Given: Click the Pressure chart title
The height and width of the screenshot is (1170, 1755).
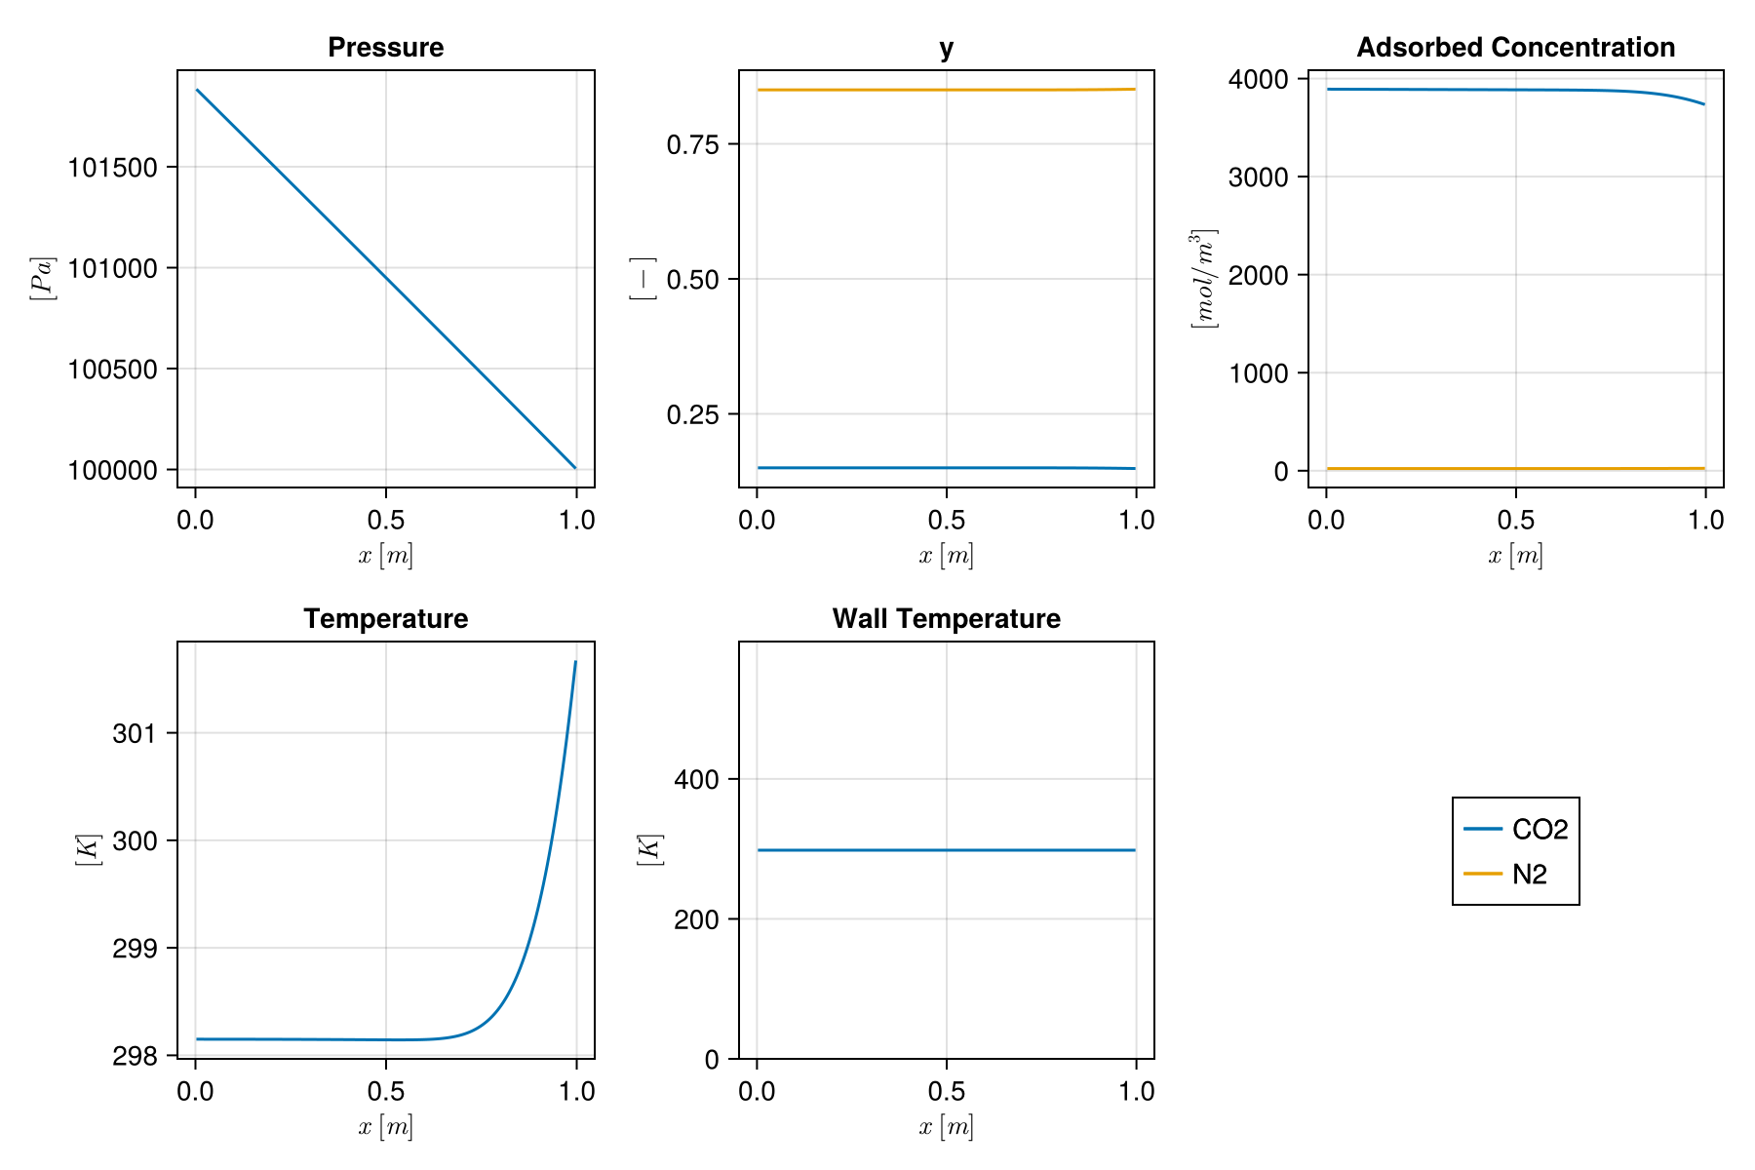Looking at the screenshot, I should click(385, 48).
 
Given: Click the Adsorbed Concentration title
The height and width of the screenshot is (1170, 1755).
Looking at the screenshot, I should click(1515, 48).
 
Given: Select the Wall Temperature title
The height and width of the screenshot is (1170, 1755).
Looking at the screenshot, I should click(946, 619).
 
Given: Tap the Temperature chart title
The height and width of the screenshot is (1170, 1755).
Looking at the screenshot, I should click(385, 619).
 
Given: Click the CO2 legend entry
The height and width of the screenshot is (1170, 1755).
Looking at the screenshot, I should click(1539, 830).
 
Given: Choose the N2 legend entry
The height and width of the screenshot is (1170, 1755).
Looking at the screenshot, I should click(1529, 875).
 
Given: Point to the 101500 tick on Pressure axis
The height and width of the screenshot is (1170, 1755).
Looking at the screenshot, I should click(112, 168).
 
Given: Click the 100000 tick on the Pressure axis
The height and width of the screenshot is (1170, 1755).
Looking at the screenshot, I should click(112, 470).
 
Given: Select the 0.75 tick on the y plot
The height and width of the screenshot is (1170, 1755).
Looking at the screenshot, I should click(692, 145).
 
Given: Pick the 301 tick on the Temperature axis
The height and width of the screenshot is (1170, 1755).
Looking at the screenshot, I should click(135, 733).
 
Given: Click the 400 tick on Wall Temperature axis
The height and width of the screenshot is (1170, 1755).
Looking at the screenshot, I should click(696, 780).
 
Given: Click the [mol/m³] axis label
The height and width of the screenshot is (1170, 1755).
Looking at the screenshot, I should click(1204, 279).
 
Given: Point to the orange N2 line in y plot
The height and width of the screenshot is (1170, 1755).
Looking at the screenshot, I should click(946, 90).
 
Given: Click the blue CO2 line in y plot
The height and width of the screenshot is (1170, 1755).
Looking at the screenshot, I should click(946, 468).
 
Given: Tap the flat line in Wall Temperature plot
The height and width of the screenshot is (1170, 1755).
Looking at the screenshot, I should click(946, 850).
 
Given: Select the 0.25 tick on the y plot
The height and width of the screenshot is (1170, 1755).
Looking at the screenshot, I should click(692, 415).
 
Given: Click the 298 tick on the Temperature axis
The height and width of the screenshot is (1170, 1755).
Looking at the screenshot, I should click(135, 1056).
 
